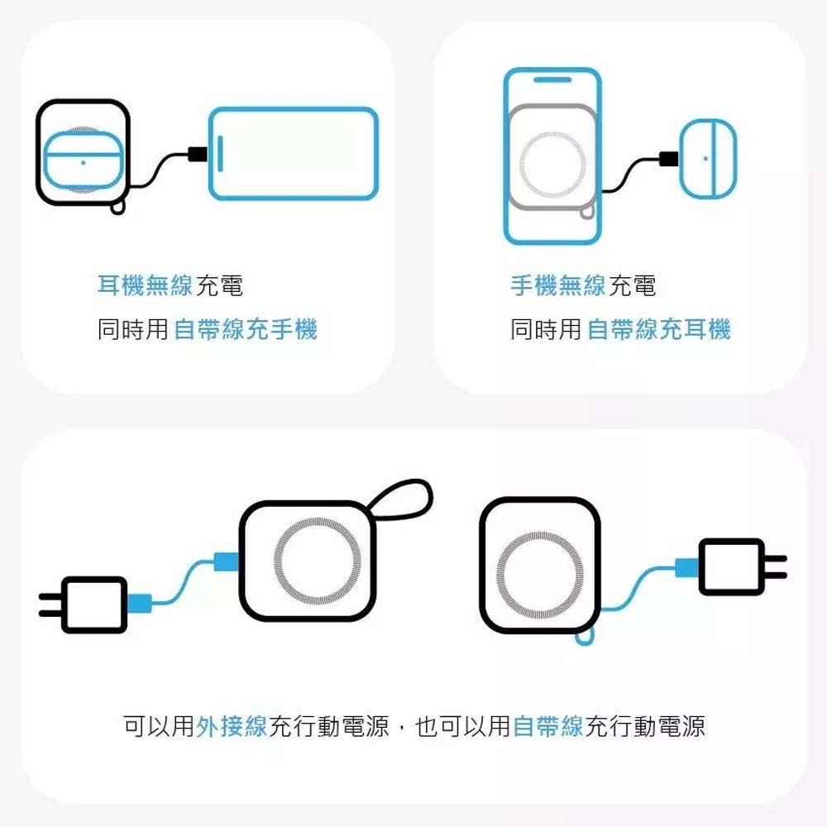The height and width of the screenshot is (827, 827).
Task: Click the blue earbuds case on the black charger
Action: coord(84,160)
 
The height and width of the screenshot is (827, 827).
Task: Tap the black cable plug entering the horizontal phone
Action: coord(198,155)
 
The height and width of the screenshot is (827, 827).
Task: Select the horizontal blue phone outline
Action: coord(294,154)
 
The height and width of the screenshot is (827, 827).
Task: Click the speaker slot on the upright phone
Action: coord(552,79)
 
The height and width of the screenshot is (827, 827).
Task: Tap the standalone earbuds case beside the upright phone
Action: coord(707,158)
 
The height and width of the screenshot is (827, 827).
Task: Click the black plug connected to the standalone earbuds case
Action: coord(669,159)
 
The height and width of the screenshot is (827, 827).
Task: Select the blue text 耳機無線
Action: coord(145,285)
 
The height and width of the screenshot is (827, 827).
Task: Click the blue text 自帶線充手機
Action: coord(246,329)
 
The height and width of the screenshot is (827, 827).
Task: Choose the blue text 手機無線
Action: coord(558,285)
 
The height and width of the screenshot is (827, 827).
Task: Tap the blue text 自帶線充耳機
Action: coord(659,329)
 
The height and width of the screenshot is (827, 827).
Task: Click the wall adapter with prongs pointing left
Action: coord(84,605)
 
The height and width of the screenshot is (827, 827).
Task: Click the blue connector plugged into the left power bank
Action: coord(227,562)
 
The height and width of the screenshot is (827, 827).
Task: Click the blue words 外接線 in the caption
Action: coord(232,726)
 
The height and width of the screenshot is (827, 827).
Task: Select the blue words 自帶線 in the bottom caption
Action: coord(548,726)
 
